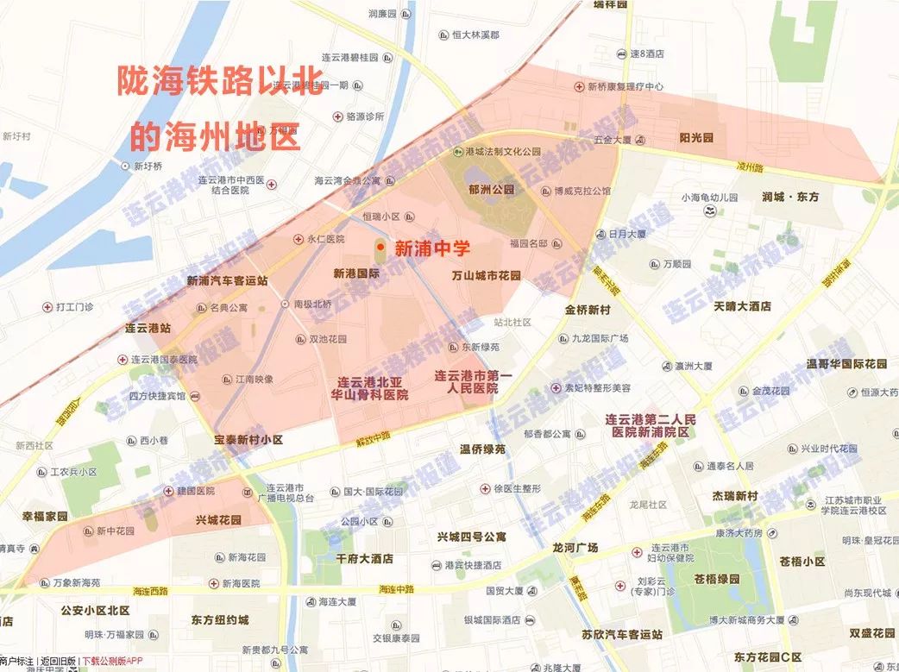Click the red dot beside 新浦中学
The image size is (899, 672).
pyautogui.click(x=380, y=248)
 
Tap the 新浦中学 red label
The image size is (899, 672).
pyautogui.click(x=432, y=248)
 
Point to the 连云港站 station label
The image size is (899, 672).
pyautogui.click(x=148, y=329)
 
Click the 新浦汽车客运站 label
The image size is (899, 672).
pyautogui.click(x=227, y=281)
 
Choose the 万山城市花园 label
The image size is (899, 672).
pyautogui.click(x=487, y=276)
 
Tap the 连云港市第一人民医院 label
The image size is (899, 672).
pyautogui.click(x=473, y=382)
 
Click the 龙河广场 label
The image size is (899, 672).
pyautogui.click(x=575, y=548)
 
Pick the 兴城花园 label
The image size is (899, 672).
pyautogui.click(x=218, y=520)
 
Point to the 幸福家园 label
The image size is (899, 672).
pyautogui.click(x=45, y=516)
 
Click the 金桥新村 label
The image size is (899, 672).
pyautogui.click(x=588, y=310)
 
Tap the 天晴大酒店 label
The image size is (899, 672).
pyautogui.click(x=742, y=306)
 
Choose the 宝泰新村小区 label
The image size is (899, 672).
pyautogui.click(x=248, y=440)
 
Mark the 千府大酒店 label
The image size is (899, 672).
pyautogui.click(x=364, y=559)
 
